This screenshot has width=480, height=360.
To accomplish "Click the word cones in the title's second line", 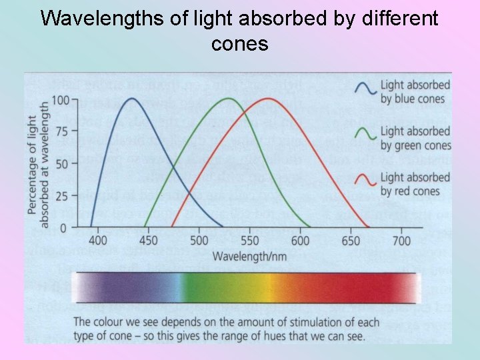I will pos(239,44).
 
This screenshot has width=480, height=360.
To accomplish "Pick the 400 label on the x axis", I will pos(98,241).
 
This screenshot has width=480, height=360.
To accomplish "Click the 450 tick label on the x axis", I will pos(148,241).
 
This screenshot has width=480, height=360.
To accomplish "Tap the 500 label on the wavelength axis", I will pos(199,241).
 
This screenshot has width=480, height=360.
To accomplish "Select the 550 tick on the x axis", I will pos(249,241).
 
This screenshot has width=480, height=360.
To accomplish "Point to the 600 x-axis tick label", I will pos(300,241).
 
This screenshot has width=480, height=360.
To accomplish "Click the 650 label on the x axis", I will pos(351,241).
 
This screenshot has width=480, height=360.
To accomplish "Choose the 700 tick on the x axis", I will pos(401,241).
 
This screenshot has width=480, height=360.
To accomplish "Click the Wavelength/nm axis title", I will pos(249,256).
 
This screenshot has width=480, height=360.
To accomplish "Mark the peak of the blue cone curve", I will pos(131,99).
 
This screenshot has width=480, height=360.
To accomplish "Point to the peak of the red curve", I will pos(269,99).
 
